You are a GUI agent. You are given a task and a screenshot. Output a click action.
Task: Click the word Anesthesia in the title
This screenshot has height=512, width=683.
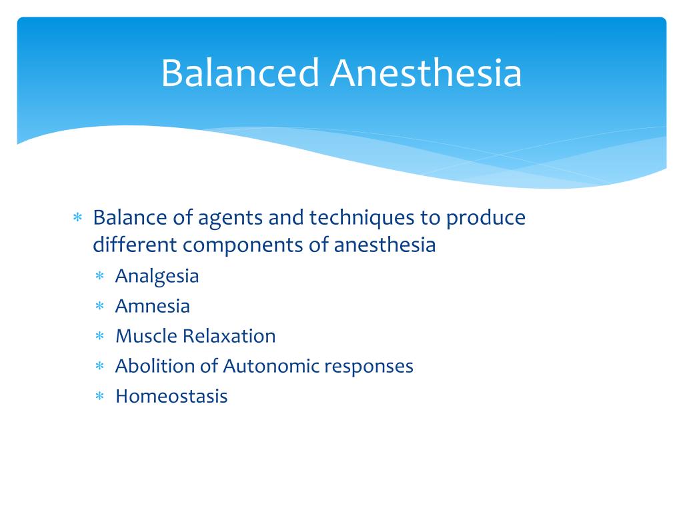tap(426, 73)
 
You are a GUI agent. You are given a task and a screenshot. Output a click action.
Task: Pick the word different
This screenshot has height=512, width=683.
tap(135, 245)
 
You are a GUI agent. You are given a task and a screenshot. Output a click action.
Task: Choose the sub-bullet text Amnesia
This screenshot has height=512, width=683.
tap(152, 306)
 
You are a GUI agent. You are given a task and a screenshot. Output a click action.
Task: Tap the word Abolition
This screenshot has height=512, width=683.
tap(151, 366)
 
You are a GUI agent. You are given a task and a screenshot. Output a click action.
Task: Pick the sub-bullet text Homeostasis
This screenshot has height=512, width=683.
tap(171, 396)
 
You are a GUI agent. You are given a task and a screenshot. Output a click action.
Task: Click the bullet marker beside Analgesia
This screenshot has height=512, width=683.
tap(100, 277)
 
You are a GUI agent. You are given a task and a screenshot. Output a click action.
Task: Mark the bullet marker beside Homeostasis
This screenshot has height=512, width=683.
tap(100, 397)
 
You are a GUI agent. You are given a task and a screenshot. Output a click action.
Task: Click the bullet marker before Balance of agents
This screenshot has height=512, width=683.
tap(77, 219)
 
